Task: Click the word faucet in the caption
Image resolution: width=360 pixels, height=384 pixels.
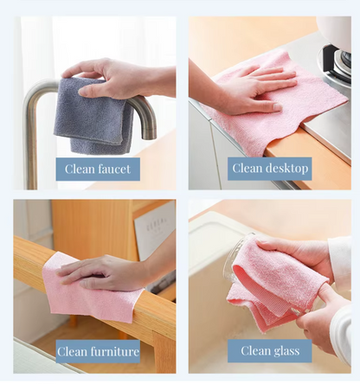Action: point(114,169)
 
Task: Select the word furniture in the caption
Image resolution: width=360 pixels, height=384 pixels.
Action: point(115,351)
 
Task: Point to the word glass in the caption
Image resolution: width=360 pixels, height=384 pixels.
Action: point(286,351)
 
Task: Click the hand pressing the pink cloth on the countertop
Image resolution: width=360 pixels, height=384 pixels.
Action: point(248,89)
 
